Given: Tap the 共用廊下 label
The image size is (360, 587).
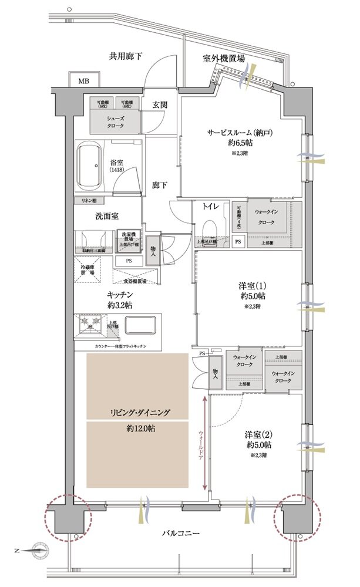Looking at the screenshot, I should tap(126, 56).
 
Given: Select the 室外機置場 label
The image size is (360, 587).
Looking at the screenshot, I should tap(224, 59).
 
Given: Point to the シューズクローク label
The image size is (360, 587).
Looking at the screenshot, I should tap(115, 122).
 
